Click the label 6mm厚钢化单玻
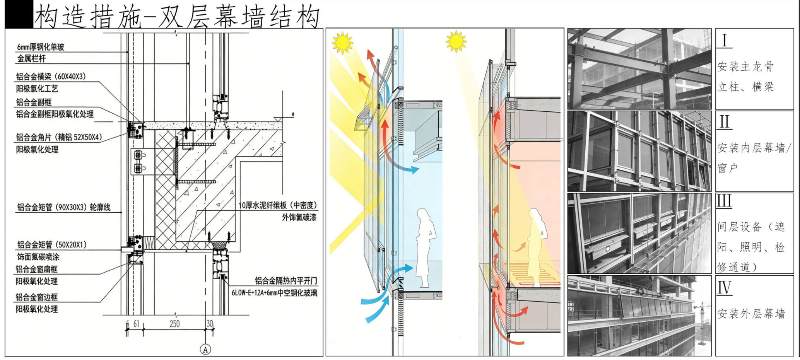tap(41, 47)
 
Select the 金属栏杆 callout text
tap(31, 59)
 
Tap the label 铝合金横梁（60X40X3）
tap(51, 77)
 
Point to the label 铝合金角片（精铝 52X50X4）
tap(59, 137)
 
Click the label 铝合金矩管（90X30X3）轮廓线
tap(64, 207)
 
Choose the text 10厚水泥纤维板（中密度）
tap(278, 205)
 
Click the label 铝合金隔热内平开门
tap(286, 281)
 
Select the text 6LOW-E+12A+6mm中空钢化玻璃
tap(274, 293)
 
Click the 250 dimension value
tap(174, 324)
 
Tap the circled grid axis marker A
tap(205, 350)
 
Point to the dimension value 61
tap(136, 324)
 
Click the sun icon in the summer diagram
tap(342, 42)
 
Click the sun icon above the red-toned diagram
tap(456, 41)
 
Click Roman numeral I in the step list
tap(724, 40)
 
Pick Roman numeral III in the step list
tap(724, 201)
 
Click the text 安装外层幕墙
tap(751, 313)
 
